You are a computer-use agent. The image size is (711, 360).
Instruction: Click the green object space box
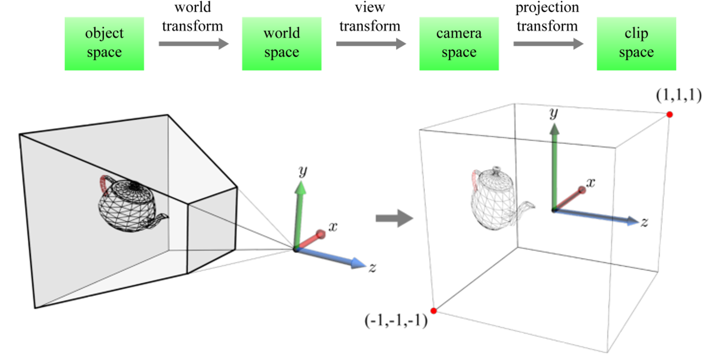pos(104,43)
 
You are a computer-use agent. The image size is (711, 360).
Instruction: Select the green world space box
pos(281,43)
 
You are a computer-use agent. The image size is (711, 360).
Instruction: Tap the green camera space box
pos(459,43)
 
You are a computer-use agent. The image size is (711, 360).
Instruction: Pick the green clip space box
pos(636,43)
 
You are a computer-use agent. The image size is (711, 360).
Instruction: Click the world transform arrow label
pos(193,17)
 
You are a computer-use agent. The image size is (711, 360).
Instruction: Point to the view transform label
pos(369,17)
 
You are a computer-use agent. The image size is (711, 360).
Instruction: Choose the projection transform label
pos(547,17)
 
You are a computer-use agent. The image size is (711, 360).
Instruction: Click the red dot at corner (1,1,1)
pos(670,114)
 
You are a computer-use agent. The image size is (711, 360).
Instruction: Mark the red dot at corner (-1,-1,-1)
pos(434,311)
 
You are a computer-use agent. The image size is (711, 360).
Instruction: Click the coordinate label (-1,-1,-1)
pos(396,320)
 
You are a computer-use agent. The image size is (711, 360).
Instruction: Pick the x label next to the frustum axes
pos(332,227)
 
